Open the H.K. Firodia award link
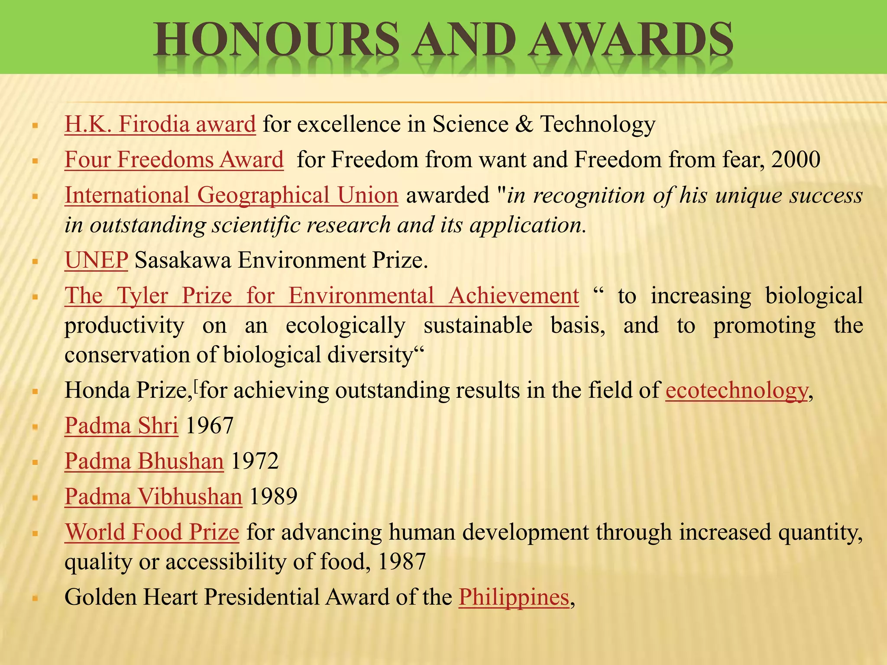click(160, 124)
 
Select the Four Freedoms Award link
click(174, 160)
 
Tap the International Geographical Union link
click(231, 195)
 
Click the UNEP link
click(96, 261)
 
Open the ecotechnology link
click(736, 391)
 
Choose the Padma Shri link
click(121, 426)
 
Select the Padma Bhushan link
click(144, 461)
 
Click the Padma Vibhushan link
click(153, 497)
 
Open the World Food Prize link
click(152, 532)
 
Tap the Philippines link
click(514, 597)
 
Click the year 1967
click(210, 426)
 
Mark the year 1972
click(255, 461)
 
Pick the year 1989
click(273, 497)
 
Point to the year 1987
click(402, 562)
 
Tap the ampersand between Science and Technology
click(524, 124)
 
